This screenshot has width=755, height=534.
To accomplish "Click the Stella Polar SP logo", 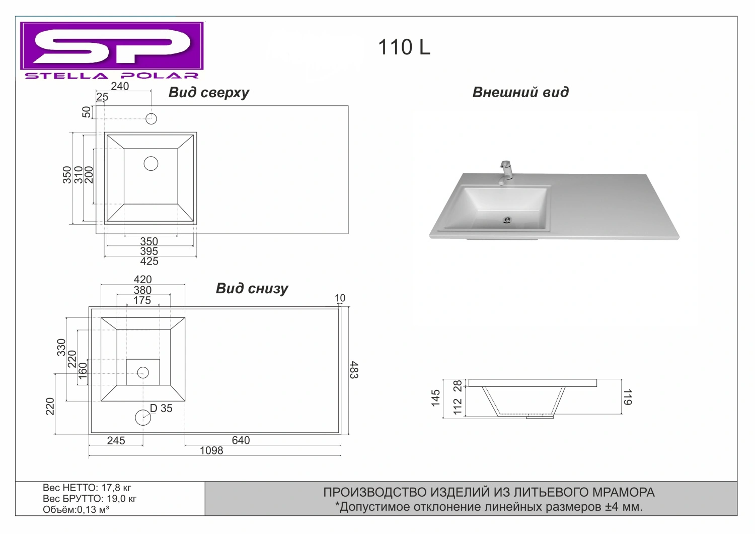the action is (112, 50).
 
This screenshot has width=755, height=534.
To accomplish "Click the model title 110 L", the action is (404, 47).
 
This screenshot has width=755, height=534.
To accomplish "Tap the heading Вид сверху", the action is (209, 92).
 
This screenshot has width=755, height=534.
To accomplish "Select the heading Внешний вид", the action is (520, 92).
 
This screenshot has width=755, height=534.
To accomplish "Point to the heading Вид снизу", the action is (252, 289).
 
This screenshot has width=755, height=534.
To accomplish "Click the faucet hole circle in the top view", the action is (151, 119).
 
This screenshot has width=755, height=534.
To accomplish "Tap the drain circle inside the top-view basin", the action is (150, 164).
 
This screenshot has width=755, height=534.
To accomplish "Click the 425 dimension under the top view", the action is (149, 261).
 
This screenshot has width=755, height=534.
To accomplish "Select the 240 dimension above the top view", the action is (120, 86).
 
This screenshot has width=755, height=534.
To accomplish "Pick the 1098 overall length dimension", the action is (211, 451).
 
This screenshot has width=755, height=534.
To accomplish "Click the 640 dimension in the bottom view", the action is (241, 440).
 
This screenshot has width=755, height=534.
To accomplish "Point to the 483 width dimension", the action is (354, 370).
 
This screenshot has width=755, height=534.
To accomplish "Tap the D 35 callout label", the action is (161, 409).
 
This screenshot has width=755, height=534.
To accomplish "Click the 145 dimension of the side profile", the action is (435, 398).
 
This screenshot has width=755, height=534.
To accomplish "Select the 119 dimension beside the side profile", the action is (628, 397).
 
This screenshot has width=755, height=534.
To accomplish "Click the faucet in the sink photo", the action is (505, 173).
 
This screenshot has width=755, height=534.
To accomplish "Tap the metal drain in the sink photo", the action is (507, 220).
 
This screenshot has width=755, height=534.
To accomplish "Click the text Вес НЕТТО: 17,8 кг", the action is (87, 488).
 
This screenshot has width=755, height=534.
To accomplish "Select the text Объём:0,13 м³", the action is (76, 509).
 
